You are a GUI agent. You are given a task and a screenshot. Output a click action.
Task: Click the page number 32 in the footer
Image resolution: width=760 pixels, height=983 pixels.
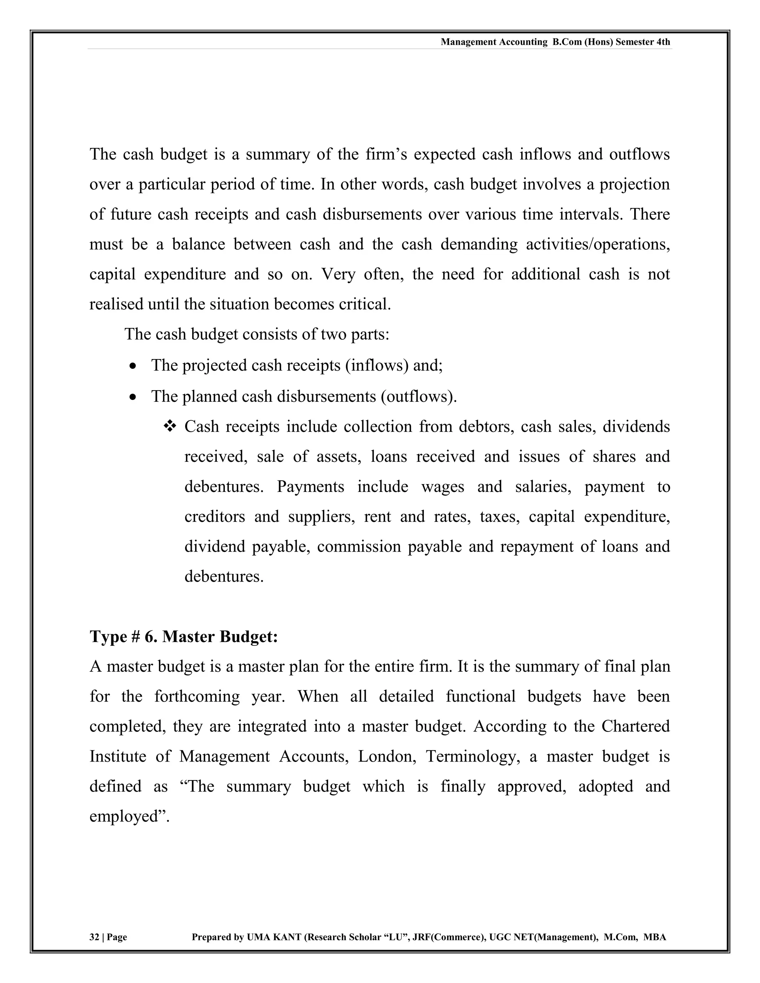94,937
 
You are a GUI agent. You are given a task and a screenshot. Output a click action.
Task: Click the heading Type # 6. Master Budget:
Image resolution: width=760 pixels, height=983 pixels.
184,637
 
